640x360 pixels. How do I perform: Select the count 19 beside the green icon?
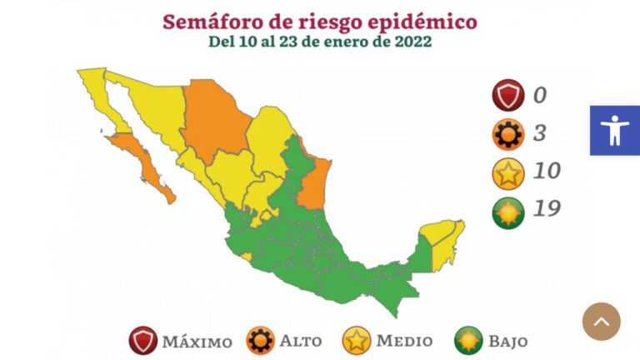[547, 208]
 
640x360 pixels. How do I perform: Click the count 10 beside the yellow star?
[547, 171]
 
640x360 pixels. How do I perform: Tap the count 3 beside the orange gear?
[540, 132]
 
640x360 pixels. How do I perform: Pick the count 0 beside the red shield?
[540, 95]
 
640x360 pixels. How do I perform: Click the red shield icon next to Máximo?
[143, 340]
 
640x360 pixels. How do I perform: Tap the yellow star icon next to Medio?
[356, 340]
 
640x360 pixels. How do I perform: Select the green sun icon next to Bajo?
[467, 340]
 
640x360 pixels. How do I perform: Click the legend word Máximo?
[197, 341]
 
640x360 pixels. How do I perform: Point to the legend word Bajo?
[507, 341]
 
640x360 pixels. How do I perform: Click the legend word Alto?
[301, 341]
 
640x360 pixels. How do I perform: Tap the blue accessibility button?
[615, 130]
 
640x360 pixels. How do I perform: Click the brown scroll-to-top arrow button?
[601, 321]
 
